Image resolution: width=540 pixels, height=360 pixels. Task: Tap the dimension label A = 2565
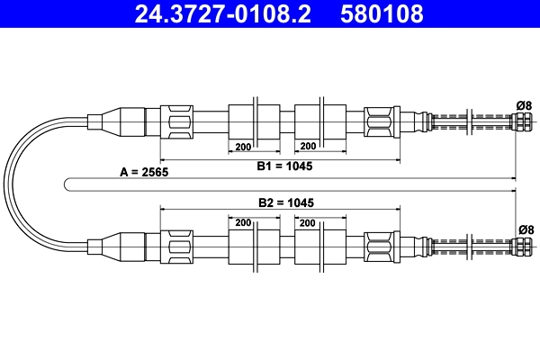point(144,171)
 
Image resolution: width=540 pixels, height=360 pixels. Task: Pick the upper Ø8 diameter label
point(524,104)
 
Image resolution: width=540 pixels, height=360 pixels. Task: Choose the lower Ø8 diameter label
point(524,229)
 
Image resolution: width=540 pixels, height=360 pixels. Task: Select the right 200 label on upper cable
point(308,146)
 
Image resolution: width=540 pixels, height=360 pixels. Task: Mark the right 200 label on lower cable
point(308,221)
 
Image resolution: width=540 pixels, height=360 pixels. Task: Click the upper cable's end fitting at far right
point(522,120)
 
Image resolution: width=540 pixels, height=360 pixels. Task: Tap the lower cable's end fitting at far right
point(522,245)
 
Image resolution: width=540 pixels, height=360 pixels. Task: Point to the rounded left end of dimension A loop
point(68,184)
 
